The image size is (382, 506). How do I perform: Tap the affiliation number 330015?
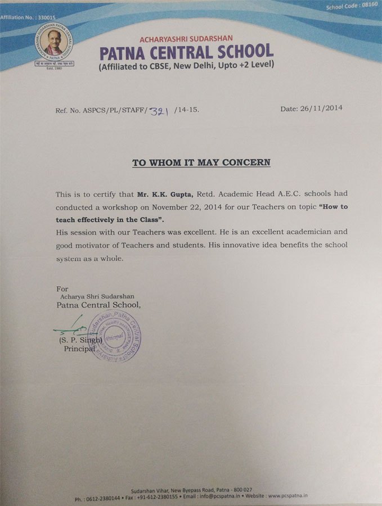tap(34, 18)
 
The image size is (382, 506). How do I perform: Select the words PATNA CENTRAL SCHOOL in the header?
tap(187, 52)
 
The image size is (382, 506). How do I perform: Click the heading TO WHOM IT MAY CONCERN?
tap(201, 162)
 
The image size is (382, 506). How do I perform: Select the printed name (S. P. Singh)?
tap(80, 340)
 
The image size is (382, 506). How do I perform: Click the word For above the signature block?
tap(62, 288)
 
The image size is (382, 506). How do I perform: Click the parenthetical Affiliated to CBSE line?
tap(186, 66)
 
